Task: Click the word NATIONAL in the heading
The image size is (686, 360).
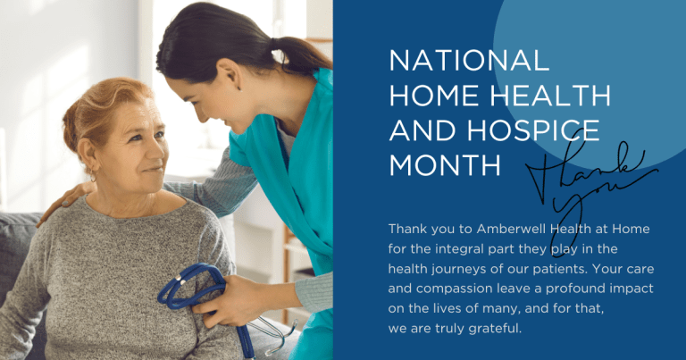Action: click(x=469, y=61)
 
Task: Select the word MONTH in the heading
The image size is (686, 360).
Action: click(x=445, y=165)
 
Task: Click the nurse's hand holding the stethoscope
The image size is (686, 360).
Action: click(x=228, y=301)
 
